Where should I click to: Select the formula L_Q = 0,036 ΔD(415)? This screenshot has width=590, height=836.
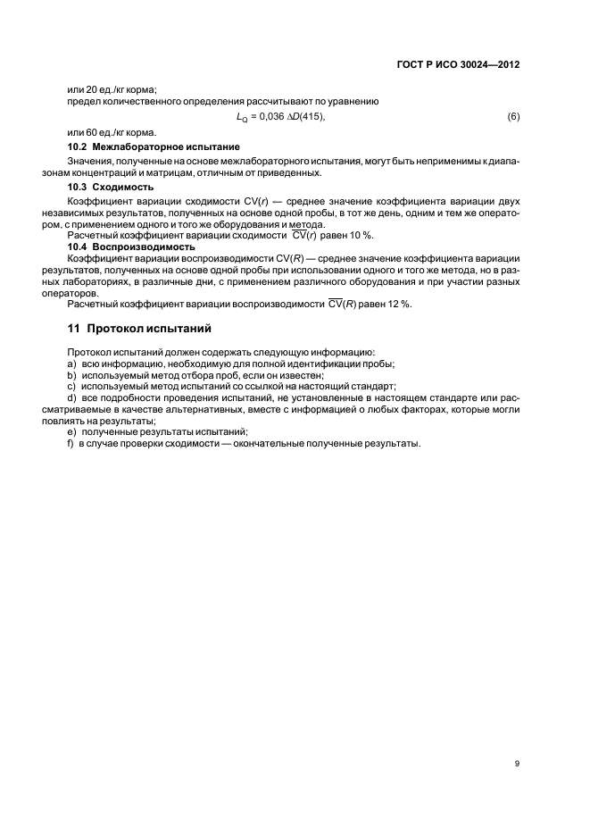click(x=280, y=118)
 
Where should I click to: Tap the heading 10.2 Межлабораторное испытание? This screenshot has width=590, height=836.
click(x=154, y=146)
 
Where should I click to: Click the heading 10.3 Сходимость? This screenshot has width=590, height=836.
click(x=111, y=188)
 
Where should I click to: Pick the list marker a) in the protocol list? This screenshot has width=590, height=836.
click(x=71, y=364)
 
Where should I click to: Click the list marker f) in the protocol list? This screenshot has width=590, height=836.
click(x=71, y=444)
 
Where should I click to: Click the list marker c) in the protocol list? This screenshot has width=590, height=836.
click(x=71, y=387)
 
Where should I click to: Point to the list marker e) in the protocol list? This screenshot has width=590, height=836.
click(x=71, y=432)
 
